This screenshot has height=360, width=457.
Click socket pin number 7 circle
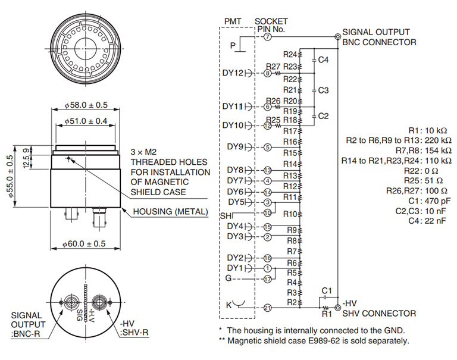pos(268,37)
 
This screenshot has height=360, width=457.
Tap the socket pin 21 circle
pos(268,308)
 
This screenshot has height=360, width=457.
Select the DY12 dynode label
pos(233,73)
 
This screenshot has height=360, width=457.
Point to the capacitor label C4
pos(323,60)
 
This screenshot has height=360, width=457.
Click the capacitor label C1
pos(327,290)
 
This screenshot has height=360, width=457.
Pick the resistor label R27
pos(273,67)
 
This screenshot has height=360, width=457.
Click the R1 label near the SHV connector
pos(327,314)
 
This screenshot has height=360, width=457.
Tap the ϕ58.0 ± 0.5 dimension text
pos(86,105)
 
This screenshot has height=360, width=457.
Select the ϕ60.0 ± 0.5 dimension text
pos(84,244)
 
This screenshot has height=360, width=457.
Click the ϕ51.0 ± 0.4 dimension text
pos(86,121)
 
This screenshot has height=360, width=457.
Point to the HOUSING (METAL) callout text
pos(171,212)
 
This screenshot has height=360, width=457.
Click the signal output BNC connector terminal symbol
pos(338,37)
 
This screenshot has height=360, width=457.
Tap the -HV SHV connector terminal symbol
pos(338,308)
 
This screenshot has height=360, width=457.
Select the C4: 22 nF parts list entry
pos(427,221)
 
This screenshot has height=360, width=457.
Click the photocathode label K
pos(228,305)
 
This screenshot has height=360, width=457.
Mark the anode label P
pos(233,45)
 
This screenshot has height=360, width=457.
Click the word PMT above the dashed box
pos(233,21)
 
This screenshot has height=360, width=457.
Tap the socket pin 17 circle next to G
pos(268,279)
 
